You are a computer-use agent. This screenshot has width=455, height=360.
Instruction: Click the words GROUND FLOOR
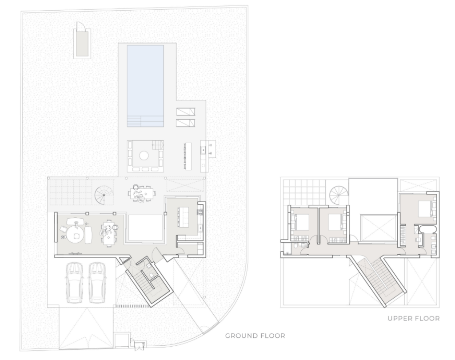tap(255, 336)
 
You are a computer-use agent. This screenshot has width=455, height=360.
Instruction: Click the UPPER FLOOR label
tap(414, 319)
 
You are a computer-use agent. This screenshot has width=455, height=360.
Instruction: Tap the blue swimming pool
tap(145, 86)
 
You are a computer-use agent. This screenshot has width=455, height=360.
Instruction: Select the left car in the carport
tap(74, 283)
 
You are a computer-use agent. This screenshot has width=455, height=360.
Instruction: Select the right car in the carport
tap(97, 283)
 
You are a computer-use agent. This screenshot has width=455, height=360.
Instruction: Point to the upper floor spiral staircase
tap(339, 195)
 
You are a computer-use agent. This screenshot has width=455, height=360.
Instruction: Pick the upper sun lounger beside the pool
tap(185, 112)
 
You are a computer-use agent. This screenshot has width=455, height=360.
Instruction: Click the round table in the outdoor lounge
tap(144, 156)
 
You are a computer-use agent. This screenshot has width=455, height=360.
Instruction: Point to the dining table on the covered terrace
tap(141, 193)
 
